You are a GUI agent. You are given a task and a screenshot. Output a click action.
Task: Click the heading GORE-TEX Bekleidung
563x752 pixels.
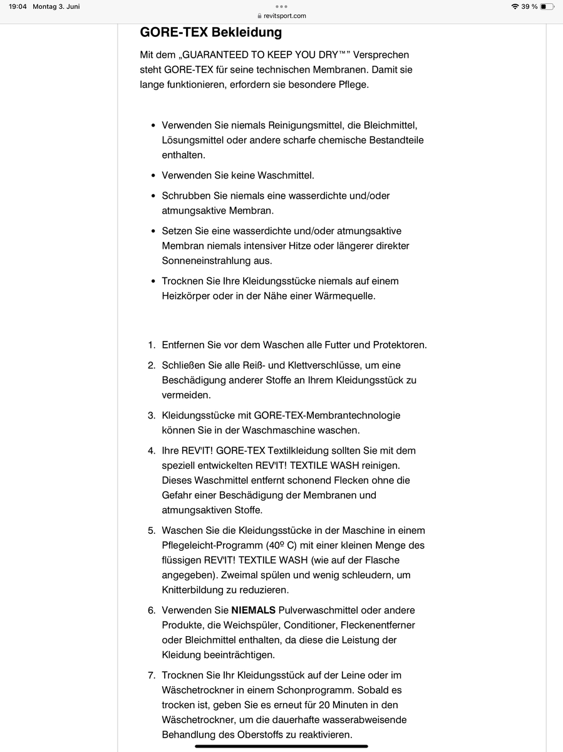(x=211, y=32)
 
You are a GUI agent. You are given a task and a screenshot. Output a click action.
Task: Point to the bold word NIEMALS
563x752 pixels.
(x=253, y=610)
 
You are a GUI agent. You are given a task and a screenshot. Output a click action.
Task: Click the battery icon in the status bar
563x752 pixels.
(x=547, y=7)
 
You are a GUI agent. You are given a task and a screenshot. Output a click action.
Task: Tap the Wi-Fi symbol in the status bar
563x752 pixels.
(x=515, y=7)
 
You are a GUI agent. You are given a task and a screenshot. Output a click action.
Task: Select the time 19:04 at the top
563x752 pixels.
(x=18, y=7)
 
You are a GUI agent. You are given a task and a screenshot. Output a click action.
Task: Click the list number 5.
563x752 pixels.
(x=152, y=530)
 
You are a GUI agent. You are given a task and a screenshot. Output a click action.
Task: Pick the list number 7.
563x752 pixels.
(x=152, y=675)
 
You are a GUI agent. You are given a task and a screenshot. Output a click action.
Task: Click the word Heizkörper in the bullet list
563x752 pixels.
(x=185, y=296)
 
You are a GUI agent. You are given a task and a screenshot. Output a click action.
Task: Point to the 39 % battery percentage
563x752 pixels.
(x=529, y=7)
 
